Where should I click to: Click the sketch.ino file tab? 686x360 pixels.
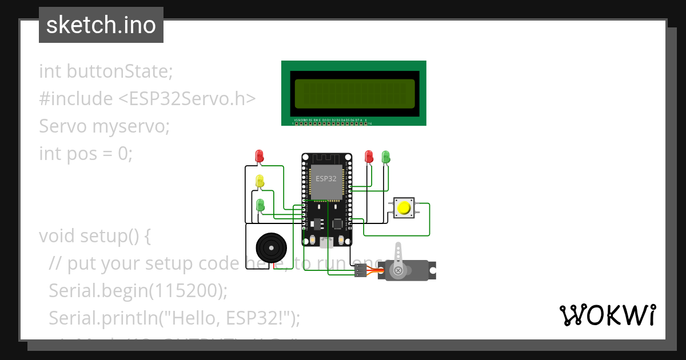(101, 25)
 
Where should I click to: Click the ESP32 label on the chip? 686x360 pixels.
(326, 179)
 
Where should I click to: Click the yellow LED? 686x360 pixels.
(260, 181)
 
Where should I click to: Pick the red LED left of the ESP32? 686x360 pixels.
(260, 155)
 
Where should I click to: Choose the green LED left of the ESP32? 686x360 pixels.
(261, 205)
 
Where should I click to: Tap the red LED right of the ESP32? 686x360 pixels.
(369, 155)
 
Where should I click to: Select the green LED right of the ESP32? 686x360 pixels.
(386, 155)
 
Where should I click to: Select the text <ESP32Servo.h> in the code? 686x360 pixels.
(186, 98)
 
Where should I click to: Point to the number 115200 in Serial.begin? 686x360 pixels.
(186, 290)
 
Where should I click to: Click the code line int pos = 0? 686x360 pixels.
(86, 153)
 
